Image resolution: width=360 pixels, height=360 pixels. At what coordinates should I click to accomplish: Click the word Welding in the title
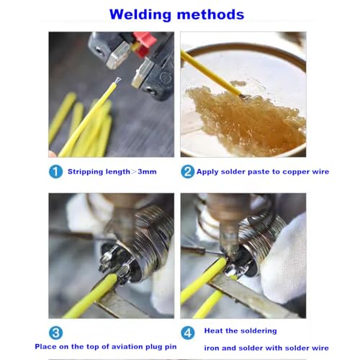[140, 14]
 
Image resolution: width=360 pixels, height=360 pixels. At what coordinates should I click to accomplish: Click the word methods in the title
[211, 14]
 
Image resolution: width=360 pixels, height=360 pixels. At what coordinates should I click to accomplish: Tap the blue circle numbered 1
[55, 171]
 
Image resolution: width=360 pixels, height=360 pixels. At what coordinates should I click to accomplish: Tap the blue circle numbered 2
[188, 171]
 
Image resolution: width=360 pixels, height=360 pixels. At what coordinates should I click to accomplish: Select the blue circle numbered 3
[55, 333]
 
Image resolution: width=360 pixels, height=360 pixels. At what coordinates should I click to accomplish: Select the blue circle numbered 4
[188, 333]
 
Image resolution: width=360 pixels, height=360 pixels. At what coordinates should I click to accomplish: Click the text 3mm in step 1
[147, 171]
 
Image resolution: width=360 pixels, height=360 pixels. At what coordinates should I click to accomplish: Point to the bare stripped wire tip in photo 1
[117, 81]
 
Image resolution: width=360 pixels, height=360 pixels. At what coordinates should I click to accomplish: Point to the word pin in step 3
[171, 347]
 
